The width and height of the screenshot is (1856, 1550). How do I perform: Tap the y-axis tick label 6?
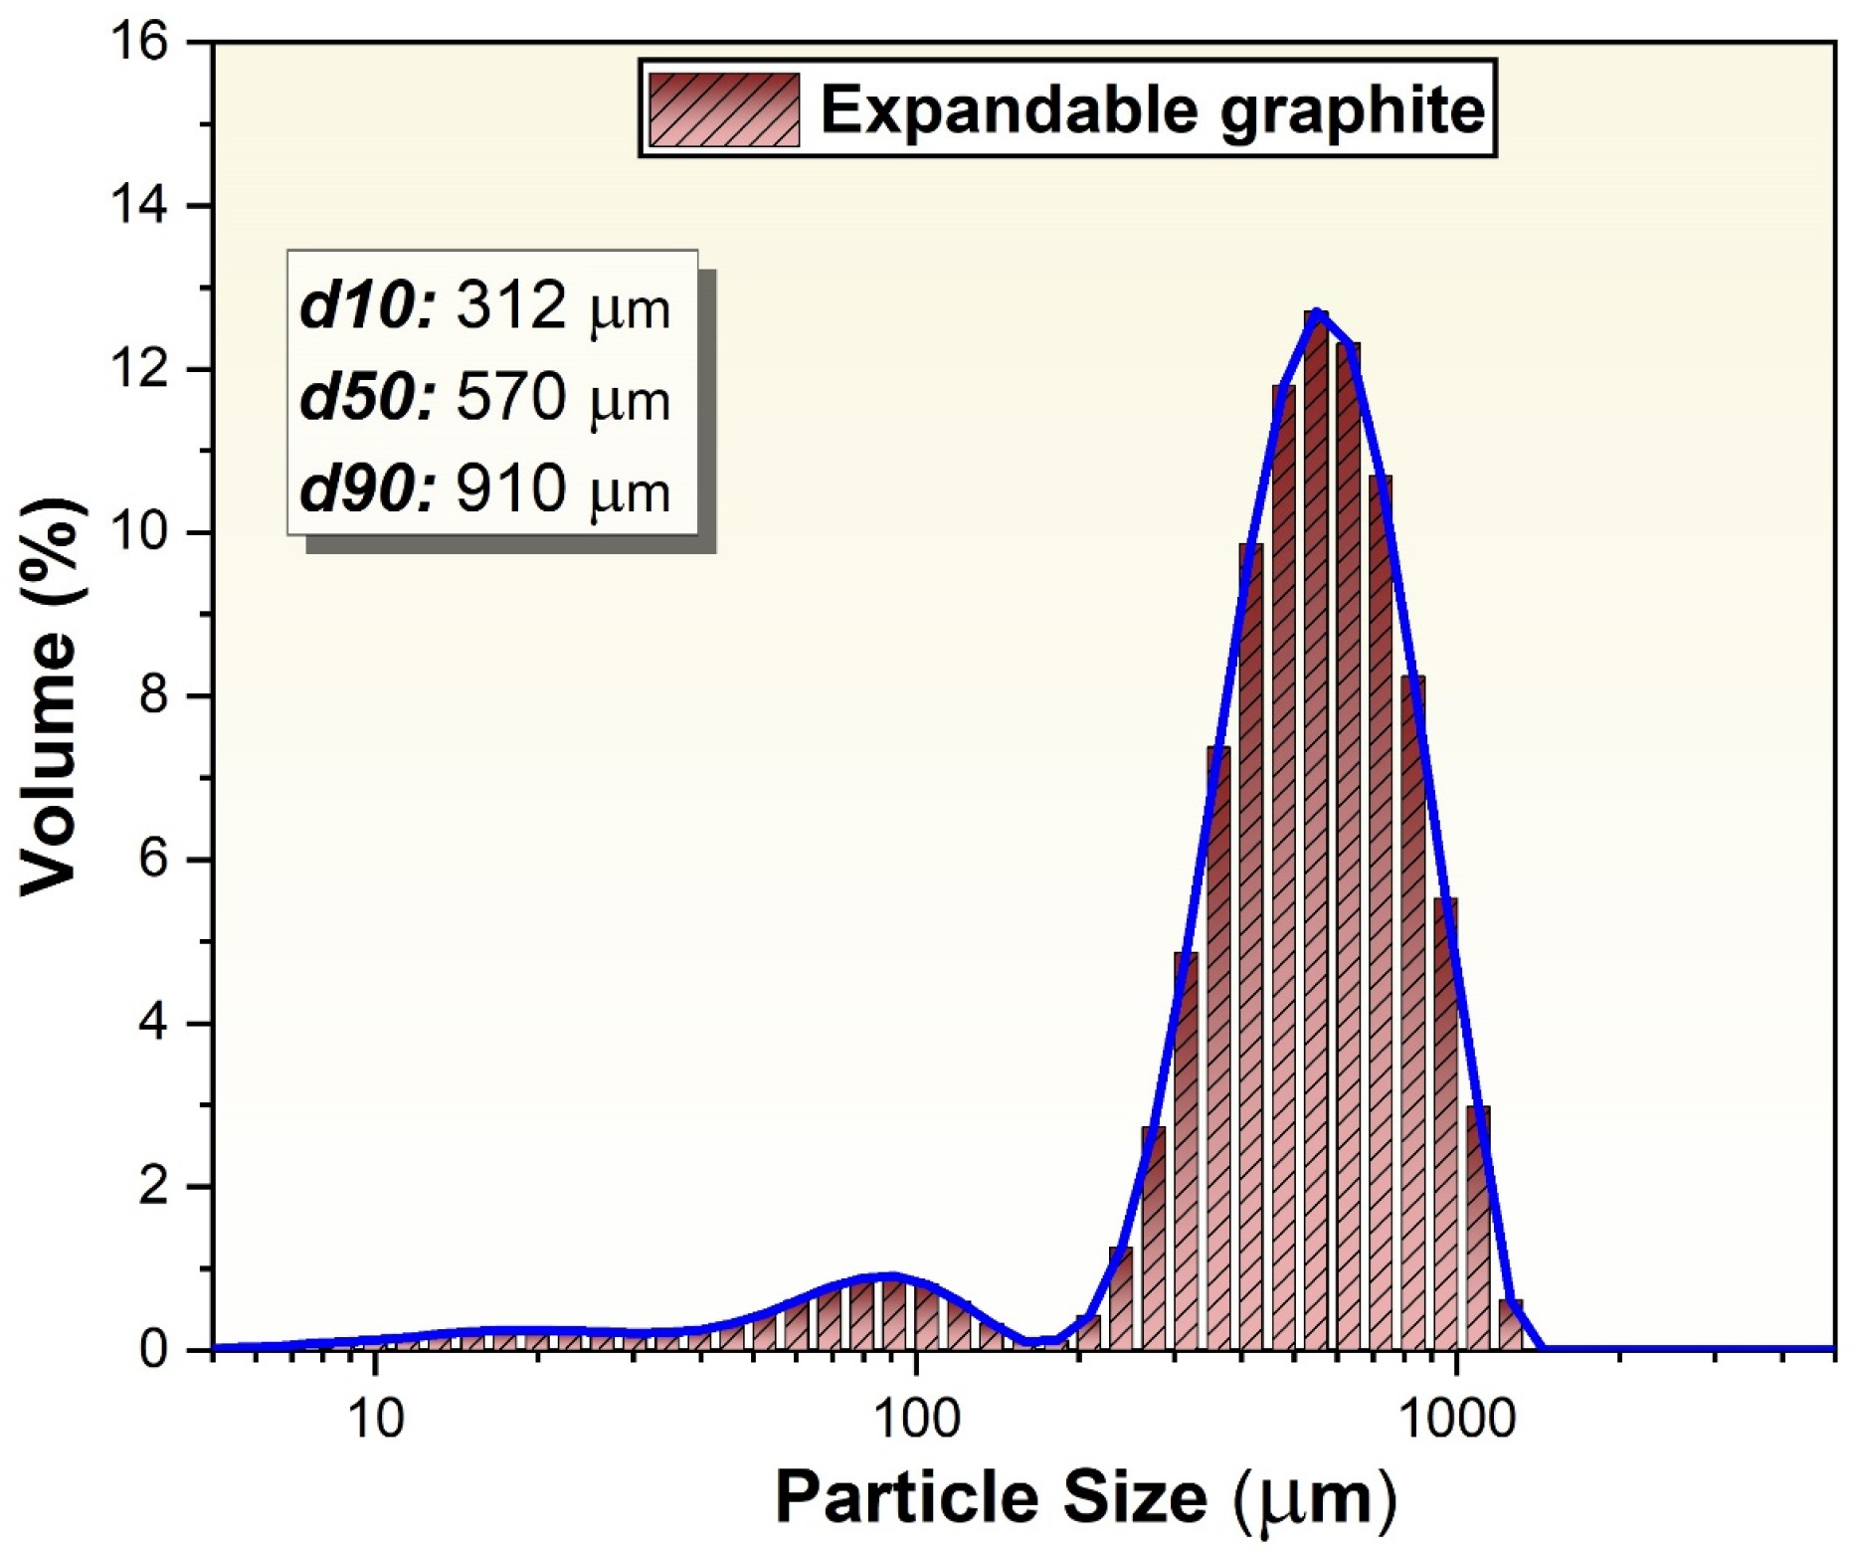point(154,860)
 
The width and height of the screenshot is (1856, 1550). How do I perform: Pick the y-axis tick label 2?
point(154,1186)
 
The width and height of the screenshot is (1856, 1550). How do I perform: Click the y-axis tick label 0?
point(154,1349)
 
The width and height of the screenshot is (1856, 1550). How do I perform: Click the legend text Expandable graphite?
point(1152,108)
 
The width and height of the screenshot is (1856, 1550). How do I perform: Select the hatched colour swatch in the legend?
point(723,108)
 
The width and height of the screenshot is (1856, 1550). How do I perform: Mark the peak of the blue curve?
point(1317,313)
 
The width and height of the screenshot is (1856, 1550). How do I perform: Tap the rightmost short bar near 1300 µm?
point(1511,1324)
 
